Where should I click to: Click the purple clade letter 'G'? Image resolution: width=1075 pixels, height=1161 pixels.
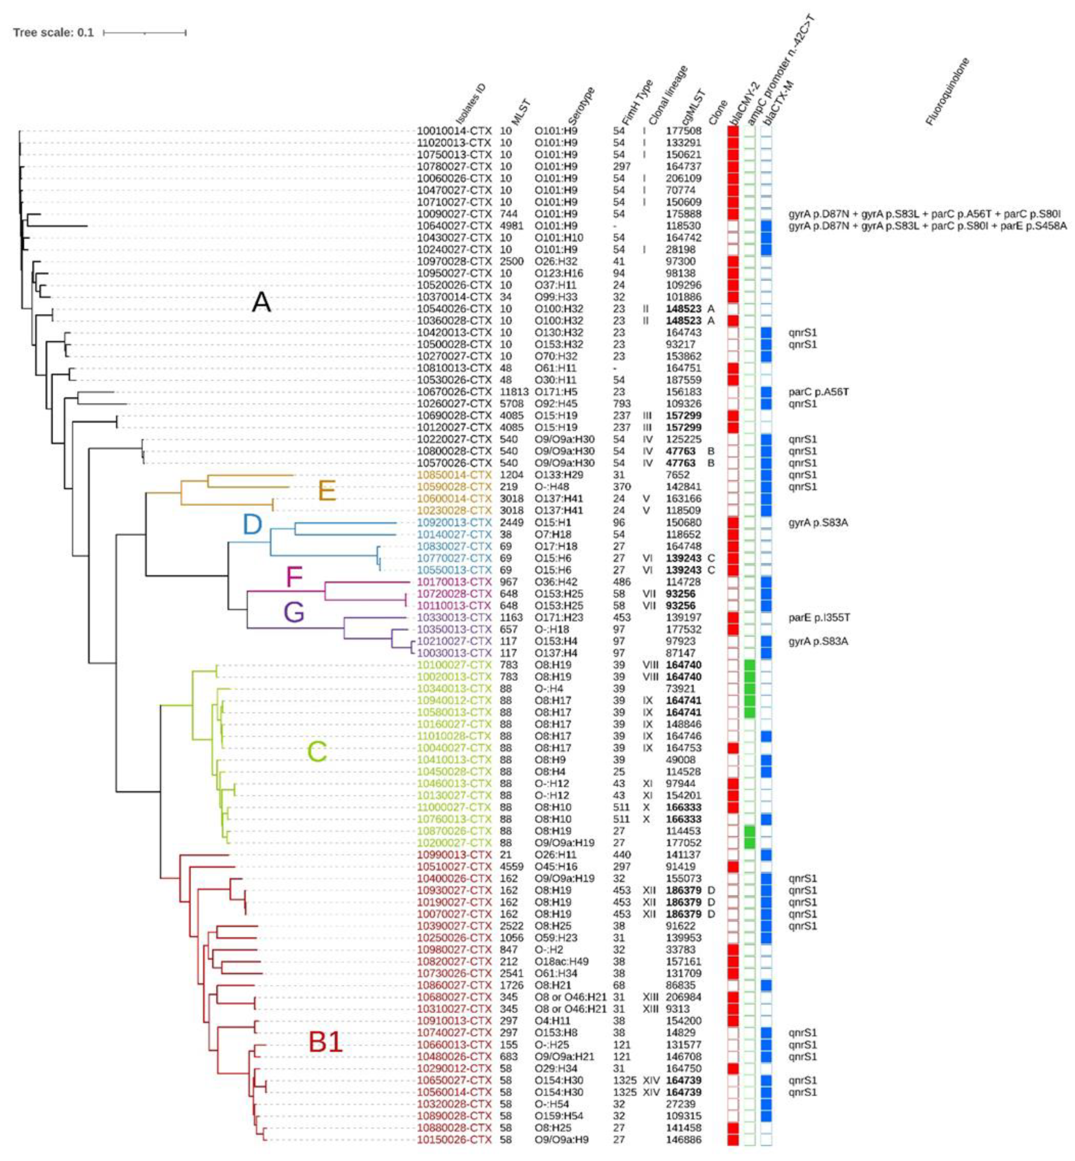click(x=294, y=613)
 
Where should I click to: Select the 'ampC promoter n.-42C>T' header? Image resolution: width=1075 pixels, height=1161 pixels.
click(x=779, y=73)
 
